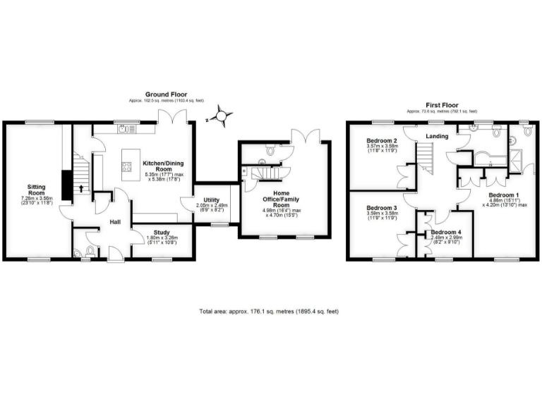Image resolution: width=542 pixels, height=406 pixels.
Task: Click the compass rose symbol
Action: pos(222,115)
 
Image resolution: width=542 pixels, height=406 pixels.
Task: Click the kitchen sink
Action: pos(125,128)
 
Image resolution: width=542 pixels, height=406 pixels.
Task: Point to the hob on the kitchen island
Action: pos(127,167)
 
